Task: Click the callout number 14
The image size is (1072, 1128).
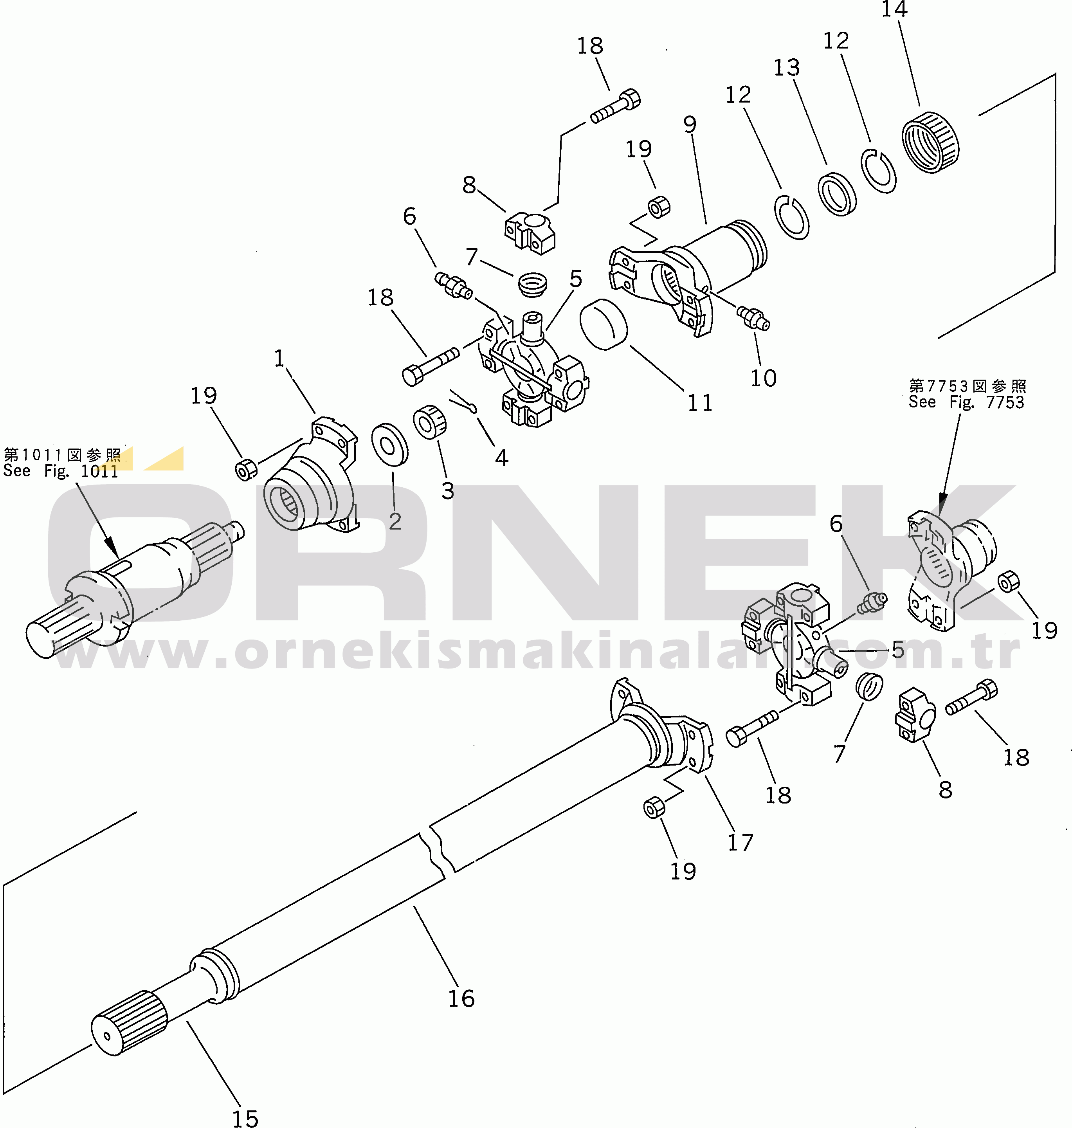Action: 894,9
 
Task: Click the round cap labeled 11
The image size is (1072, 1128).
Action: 604,323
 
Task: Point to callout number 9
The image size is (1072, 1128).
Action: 690,124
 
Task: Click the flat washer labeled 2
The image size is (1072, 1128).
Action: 390,445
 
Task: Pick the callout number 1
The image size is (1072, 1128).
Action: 279,358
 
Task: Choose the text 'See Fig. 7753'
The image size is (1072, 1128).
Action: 966,402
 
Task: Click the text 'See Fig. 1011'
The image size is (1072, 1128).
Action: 61,471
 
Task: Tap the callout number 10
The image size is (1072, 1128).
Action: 764,378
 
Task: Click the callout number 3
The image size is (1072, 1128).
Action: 447,491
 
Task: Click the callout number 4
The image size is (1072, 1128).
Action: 502,458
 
